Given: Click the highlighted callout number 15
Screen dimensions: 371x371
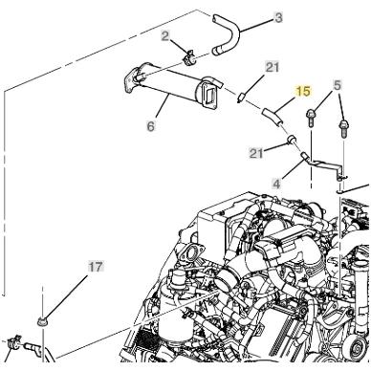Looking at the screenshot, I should pos(303,92).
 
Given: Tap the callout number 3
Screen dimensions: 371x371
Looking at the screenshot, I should pos(251,16).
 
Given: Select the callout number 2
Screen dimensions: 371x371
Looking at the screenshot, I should pos(164,35).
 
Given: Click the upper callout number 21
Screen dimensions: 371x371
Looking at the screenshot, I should pos(273,66).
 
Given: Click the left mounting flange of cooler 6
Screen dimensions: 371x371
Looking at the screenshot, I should pos(131,77).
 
